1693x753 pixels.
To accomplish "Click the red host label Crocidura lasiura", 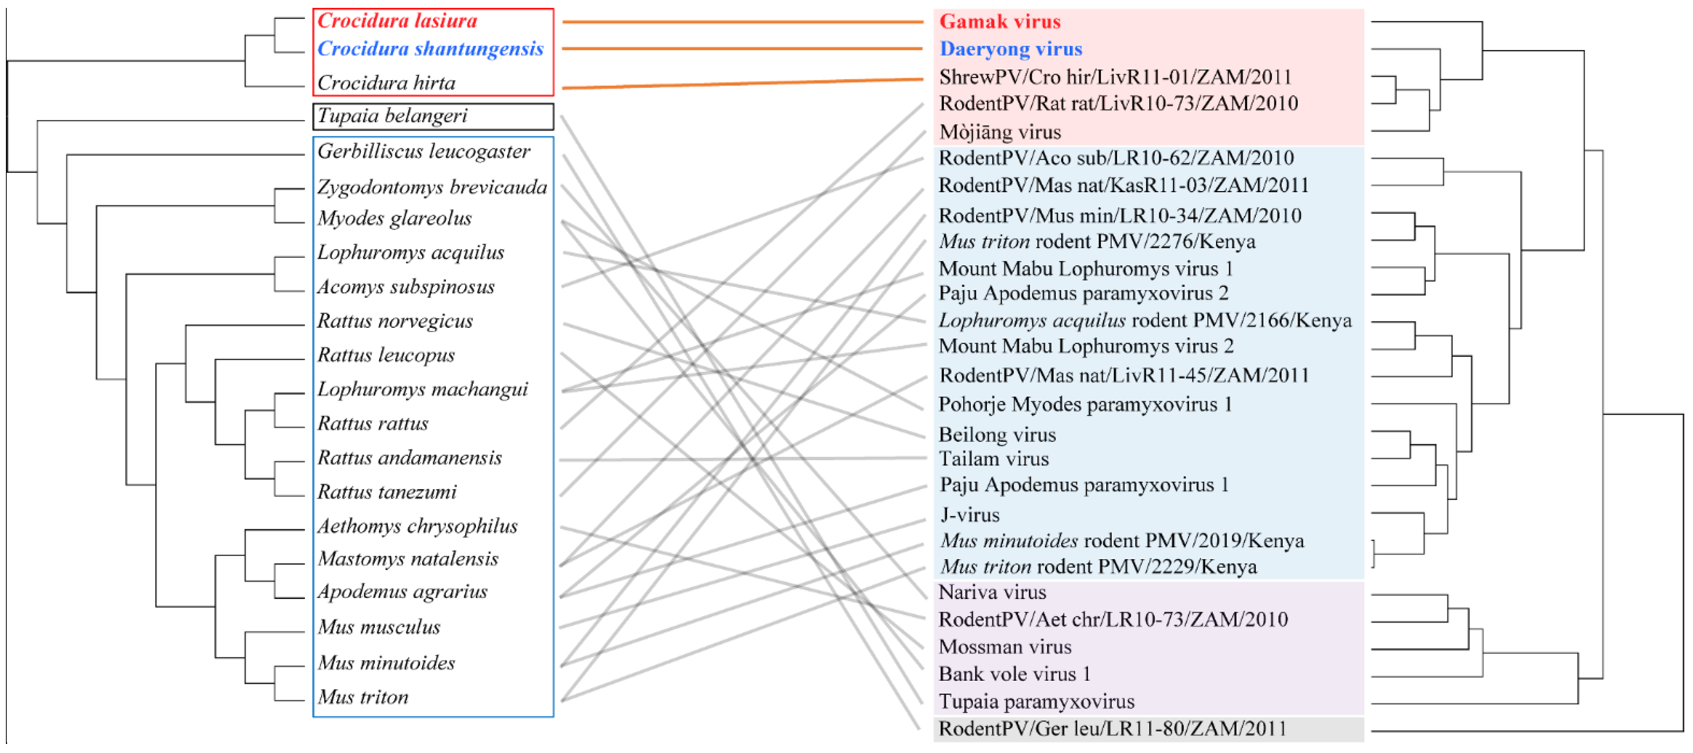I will pyautogui.click(x=397, y=21).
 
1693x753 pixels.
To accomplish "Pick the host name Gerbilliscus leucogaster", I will pyautogui.click(x=423, y=152).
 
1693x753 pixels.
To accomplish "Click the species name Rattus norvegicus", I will pyautogui.click(x=395, y=321).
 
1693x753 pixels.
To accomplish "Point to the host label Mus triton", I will pyautogui.click(x=363, y=697).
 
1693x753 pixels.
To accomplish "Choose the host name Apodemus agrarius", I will pyautogui.click(x=402, y=592).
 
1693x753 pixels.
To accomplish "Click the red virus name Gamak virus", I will pyautogui.click(x=1000, y=22).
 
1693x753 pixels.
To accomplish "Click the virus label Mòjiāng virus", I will pyautogui.click(x=1000, y=132).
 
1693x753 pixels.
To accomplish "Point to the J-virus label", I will pyautogui.click(x=970, y=515).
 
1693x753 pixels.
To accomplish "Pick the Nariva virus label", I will pyautogui.click(x=992, y=593).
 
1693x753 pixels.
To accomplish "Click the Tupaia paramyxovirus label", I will pyautogui.click(x=1036, y=702).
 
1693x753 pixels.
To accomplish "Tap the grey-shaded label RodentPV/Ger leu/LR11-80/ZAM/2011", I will pyautogui.click(x=1112, y=729).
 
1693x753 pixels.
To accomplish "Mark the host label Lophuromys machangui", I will pyautogui.click(x=422, y=390).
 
